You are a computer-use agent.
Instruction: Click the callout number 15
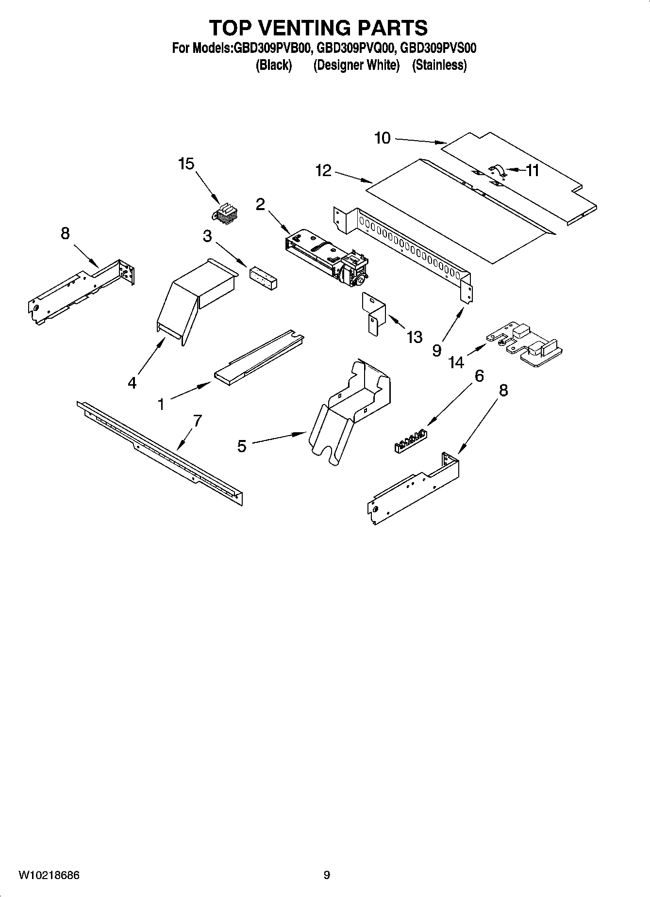[x=186, y=164]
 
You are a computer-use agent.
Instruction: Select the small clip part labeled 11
[x=496, y=171]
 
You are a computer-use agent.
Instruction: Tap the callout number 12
[x=323, y=170]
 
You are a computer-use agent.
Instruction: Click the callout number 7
[x=197, y=421]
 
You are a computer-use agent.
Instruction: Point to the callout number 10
[x=382, y=138]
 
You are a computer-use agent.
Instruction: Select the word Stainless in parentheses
[x=439, y=65]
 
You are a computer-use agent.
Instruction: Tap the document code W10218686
[x=49, y=875]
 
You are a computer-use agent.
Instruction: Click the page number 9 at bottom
[x=327, y=875]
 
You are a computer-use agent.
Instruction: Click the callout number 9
[x=436, y=350]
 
